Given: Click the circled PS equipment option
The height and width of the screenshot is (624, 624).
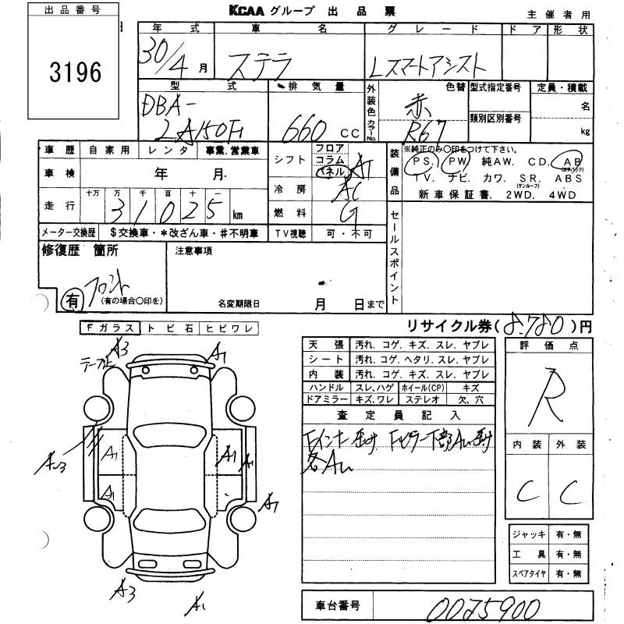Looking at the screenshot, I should tap(424, 162).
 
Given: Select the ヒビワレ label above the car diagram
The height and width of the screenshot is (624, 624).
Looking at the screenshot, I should tap(229, 328).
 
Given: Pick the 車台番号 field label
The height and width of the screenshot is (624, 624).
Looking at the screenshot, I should tap(337, 604).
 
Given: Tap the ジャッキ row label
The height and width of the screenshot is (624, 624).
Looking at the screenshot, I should tap(528, 534).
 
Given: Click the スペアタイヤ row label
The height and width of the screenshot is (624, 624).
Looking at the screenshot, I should tap(528, 573).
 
